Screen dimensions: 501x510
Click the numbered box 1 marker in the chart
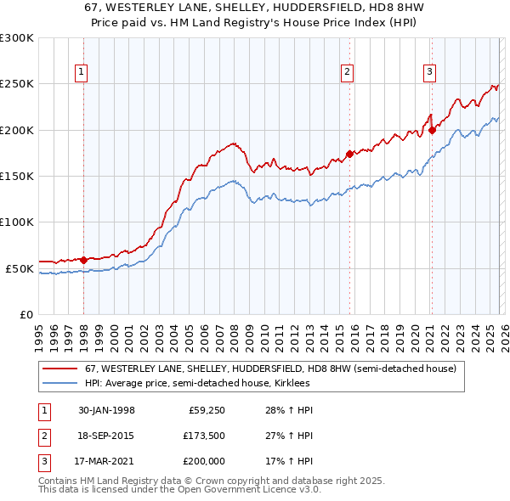click(x=81, y=73)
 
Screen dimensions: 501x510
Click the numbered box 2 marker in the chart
click(x=348, y=73)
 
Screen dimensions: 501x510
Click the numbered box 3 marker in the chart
click(x=430, y=73)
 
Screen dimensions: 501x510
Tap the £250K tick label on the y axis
click(x=17, y=84)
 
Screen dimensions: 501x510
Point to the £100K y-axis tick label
click(x=17, y=222)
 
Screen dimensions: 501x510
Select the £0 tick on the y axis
click(x=26, y=314)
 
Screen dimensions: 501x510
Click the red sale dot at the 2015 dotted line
click(x=349, y=155)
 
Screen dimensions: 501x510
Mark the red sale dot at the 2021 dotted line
click(x=432, y=130)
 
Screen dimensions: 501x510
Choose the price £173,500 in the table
click(x=201, y=436)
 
